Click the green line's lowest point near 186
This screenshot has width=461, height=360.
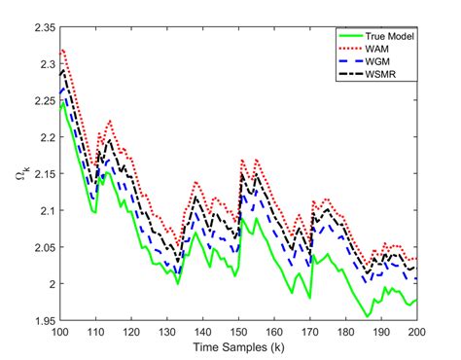tap(366, 317)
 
